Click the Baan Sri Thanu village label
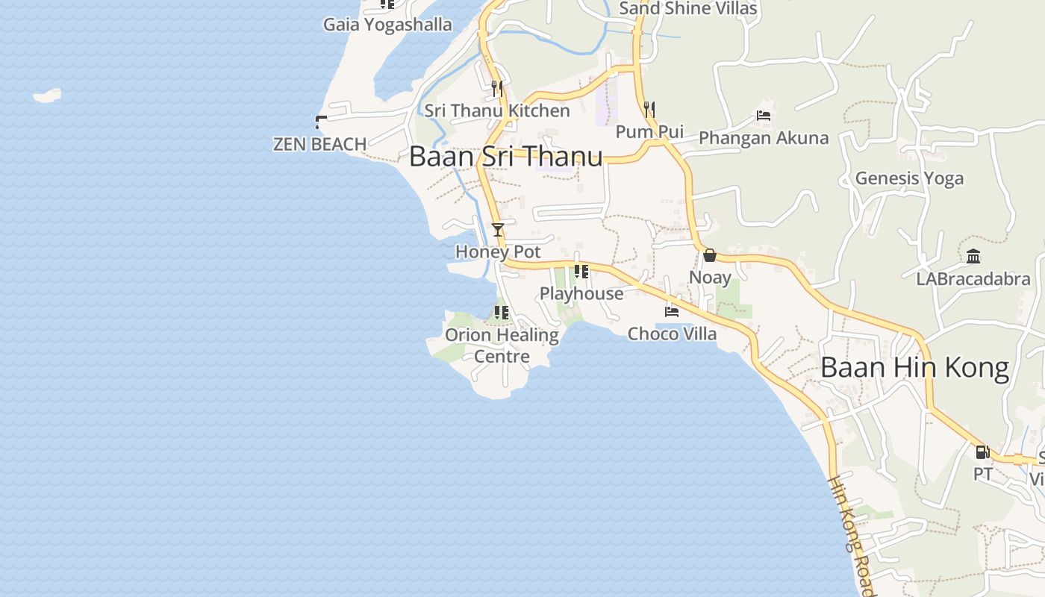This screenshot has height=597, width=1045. (x=505, y=157)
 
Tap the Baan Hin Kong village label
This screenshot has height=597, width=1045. (x=914, y=368)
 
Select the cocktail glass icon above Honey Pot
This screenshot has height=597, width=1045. (x=498, y=230)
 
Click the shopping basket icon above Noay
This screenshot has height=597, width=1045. (x=709, y=256)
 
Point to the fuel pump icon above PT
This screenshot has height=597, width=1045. (x=982, y=452)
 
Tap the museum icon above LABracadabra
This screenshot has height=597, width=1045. (x=973, y=257)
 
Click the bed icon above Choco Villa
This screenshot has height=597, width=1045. (x=672, y=312)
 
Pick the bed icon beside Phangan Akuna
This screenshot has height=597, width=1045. (x=763, y=116)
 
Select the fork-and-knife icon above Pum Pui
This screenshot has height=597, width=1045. (x=649, y=110)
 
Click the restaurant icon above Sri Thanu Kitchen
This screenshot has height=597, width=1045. (x=497, y=89)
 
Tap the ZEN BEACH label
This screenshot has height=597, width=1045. (x=319, y=144)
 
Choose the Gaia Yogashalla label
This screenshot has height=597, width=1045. (x=387, y=25)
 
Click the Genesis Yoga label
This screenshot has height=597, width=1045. (x=909, y=178)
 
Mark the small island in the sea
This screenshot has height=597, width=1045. (x=47, y=96)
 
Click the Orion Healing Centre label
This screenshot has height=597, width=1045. (x=502, y=346)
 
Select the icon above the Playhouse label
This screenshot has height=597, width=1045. (x=581, y=272)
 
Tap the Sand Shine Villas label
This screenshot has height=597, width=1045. (x=688, y=9)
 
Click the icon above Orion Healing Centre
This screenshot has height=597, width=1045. (x=501, y=313)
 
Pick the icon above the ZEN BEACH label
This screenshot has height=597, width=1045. (x=321, y=122)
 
